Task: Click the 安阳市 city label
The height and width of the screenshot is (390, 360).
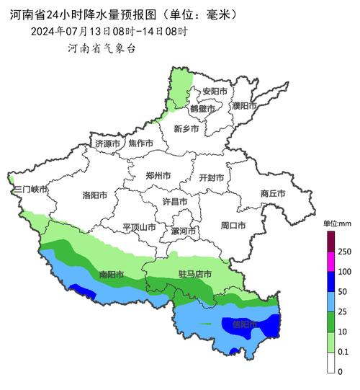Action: pos(215,92)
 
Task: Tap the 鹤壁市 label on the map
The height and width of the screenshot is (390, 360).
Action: pos(202,109)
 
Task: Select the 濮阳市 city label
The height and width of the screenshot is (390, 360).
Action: pos(244,106)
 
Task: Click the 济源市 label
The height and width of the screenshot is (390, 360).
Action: pos(108,144)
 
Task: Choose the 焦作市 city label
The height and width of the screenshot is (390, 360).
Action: pos(140,143)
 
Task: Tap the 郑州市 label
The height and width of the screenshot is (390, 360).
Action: pos(158,175)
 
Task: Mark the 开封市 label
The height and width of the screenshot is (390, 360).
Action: pos(211,177)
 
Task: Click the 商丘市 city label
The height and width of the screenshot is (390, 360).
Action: pos(273,193)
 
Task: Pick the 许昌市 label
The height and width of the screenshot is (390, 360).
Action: pos(174,201)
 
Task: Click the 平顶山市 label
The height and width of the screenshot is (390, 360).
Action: pos(139,226)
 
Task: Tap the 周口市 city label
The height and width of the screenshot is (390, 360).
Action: pos(233,226)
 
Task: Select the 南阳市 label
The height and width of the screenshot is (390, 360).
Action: pos(111,275)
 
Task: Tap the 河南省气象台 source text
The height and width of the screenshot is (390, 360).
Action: pos(101,48)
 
